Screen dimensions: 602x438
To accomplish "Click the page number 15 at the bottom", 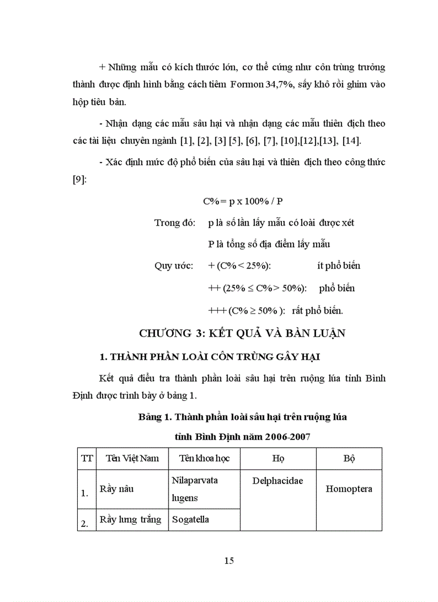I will tap(229, 561).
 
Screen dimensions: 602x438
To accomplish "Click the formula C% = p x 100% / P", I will tap(243, 201).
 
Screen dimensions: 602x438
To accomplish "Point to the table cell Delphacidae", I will tap(278, 481).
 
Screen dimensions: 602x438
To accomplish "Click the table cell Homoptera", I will tap(349, 489).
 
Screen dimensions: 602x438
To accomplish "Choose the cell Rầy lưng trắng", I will tap(130, 519).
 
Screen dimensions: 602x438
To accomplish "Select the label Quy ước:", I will tap(173, 266).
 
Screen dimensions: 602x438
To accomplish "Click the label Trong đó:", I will tap(175, 222).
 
